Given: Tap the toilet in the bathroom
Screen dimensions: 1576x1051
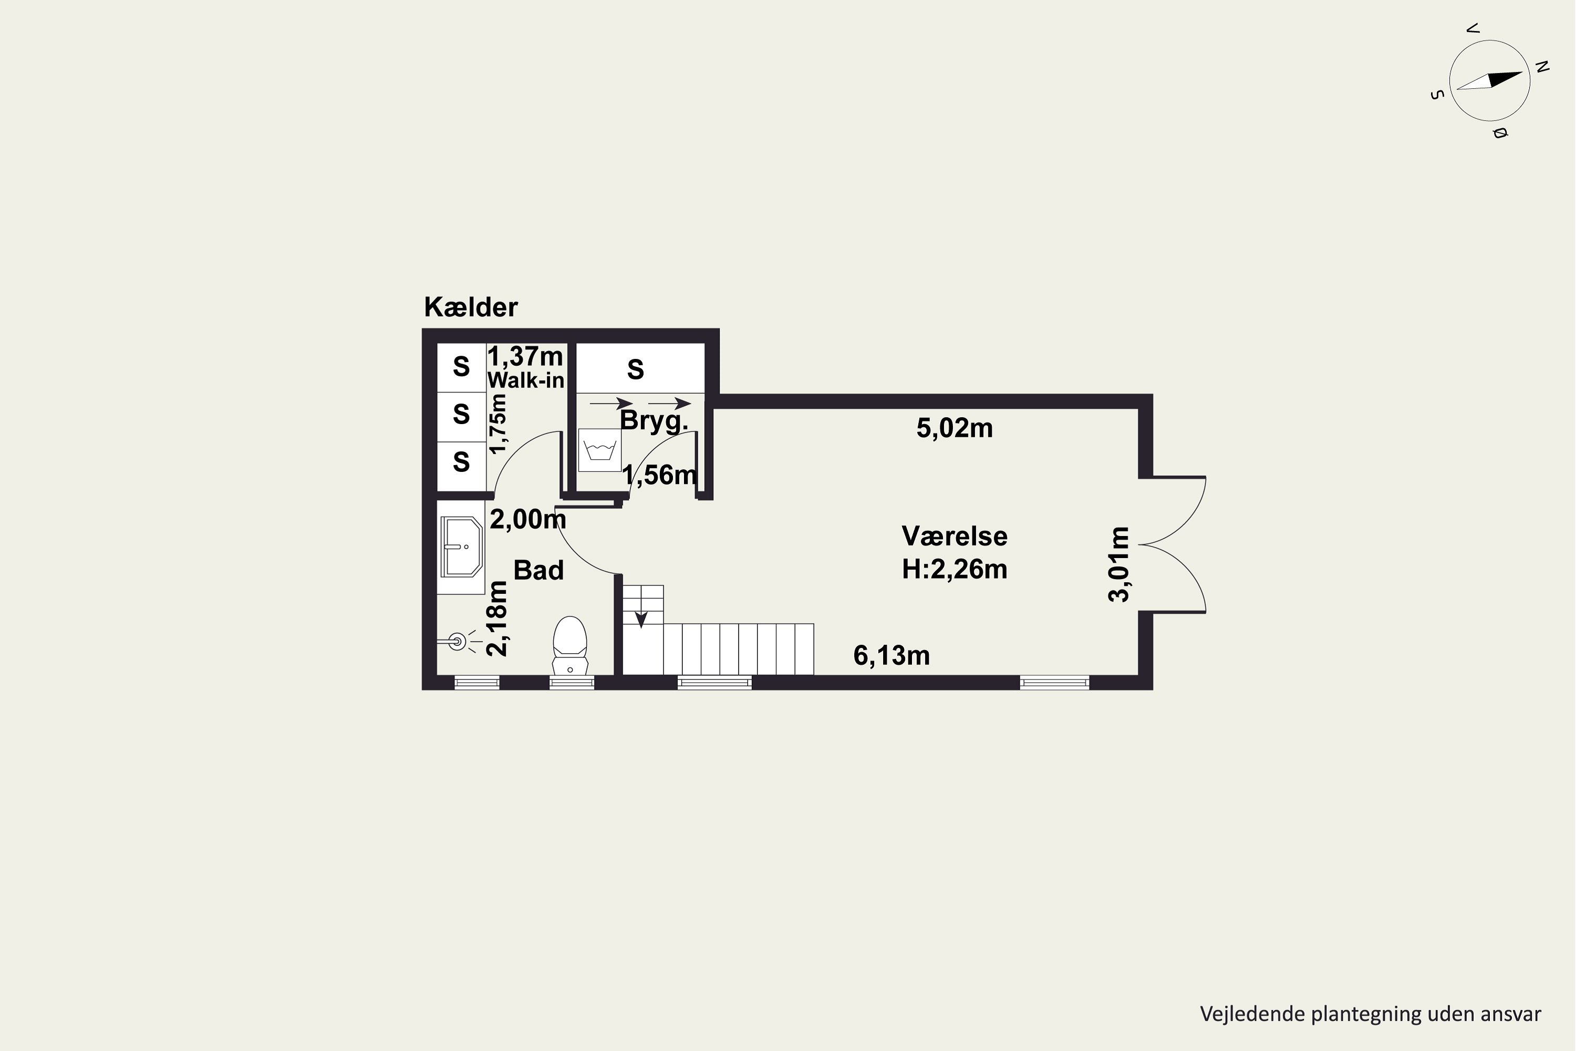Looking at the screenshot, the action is pyautogui.click(x=569, y=645).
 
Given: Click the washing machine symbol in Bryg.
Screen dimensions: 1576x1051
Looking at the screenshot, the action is pyautogui.click(x=600, y=450).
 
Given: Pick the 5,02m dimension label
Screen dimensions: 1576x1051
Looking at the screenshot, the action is pyautogui.click(x=954, y=428).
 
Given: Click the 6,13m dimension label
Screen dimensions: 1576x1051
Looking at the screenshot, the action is pyautogui.click(x=891, y=655).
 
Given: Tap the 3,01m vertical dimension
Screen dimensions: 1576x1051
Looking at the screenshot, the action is pyautogui.click(x=1119, y=564).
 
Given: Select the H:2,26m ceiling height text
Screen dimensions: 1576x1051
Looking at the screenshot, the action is pyautogui.click(x=954, y=569).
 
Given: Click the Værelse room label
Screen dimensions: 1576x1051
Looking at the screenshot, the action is pyautogui.click(x=954, y=536).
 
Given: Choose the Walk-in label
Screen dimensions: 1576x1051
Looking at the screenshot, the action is pyautogui.click(x=525, y=380).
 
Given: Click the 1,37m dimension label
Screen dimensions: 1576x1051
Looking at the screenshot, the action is pyautogui.click(x=525, y=356).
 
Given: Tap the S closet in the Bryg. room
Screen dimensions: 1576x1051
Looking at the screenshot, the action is pyautogui.click(x=636, y=369).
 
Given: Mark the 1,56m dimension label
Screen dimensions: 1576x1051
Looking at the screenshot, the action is pyautogui.click(x=659, y=475).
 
